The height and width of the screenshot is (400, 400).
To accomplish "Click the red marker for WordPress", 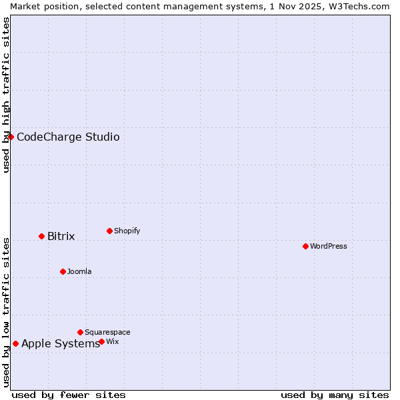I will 305,246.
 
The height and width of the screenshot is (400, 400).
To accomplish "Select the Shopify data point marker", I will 109,231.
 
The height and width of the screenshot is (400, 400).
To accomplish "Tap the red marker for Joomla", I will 63,271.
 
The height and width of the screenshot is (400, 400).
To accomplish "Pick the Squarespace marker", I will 80,332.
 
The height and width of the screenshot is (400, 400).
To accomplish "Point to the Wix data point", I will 101,341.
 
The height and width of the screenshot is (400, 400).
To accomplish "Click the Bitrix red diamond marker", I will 41,236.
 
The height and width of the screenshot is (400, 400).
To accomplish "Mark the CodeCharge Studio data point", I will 11,137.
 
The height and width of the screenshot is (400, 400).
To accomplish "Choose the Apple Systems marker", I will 15,343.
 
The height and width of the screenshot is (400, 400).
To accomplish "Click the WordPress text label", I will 329,246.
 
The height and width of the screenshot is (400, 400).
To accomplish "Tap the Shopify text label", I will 127,231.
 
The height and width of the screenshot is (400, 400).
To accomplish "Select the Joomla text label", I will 79,271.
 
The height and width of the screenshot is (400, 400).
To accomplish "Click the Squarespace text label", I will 107,332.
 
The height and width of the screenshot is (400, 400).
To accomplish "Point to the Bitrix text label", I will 61,236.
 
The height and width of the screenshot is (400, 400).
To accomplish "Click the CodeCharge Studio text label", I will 68,137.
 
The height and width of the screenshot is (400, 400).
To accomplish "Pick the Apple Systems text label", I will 61,343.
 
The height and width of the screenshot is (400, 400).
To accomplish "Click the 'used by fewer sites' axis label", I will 69,395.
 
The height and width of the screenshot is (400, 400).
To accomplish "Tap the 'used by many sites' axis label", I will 335,395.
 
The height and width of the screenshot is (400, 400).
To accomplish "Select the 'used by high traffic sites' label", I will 6,95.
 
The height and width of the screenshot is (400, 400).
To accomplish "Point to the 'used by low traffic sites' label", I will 6,311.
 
